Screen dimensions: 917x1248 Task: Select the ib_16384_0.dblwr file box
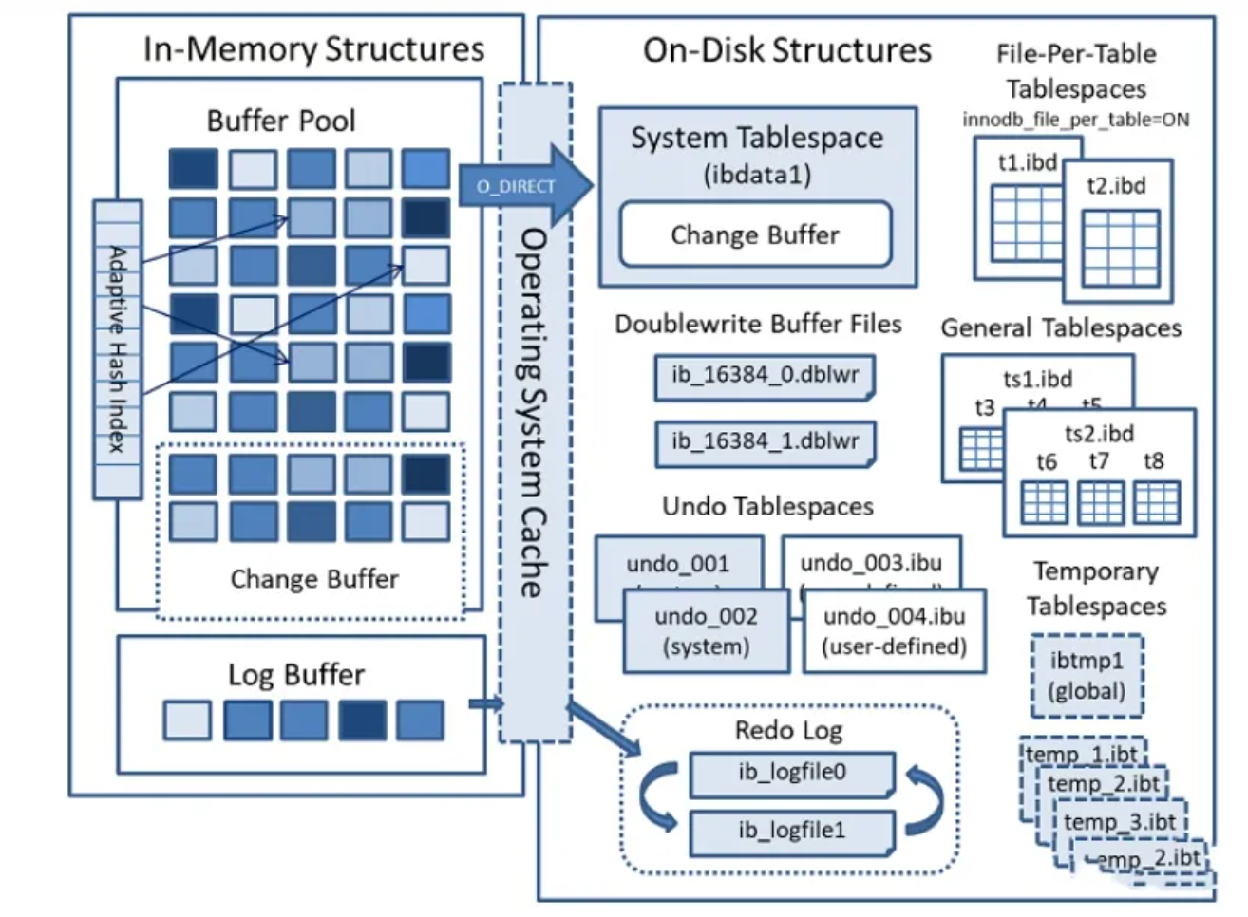pos(765,376)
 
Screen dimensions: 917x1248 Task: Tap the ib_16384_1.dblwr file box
pos(765,442)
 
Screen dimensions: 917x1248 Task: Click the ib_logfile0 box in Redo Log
pos(791,773)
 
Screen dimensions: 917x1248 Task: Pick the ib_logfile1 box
pos(791,831)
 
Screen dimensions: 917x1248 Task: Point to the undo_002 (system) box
pos(706,631)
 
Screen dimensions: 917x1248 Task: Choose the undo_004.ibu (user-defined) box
pos(894,631)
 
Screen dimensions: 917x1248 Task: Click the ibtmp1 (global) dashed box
pos(1087,675)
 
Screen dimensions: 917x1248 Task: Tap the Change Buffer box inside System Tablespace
pos(755,234)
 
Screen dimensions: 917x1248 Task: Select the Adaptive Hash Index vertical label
pos(117,348)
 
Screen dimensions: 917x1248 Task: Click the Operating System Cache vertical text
pos(534,413)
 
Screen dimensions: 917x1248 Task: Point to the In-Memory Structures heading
pos(313,48)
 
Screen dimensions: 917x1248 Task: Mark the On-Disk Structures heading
pos(787,49)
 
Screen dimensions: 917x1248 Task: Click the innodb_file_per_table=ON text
pos(1075,120)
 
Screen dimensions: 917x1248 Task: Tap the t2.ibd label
pos(1116,185)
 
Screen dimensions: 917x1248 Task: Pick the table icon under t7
pos(1101,502)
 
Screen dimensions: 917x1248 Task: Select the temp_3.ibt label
pos(1119,821)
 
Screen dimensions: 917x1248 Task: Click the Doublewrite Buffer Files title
pos(758,324)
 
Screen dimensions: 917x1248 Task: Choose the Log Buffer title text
pos(296,675)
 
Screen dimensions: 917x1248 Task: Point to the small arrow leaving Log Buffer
pos(485,703)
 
